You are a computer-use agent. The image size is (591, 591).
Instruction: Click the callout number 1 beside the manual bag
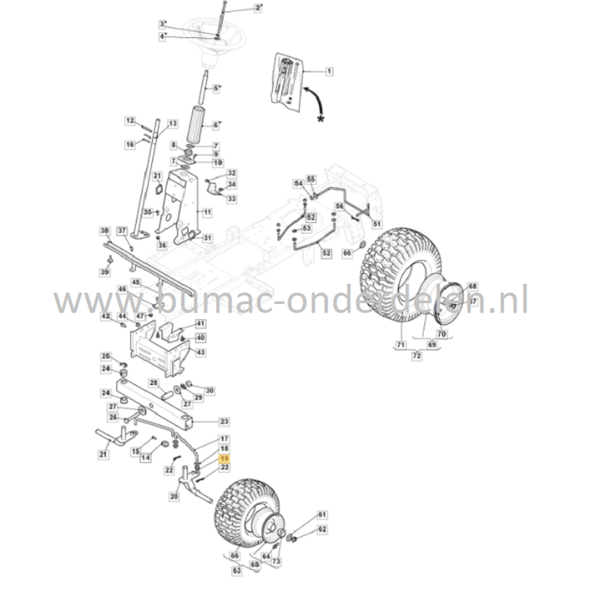coord(329,73)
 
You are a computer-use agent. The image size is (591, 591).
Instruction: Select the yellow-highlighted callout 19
coord(224,458)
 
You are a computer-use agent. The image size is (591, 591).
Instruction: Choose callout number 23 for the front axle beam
coord(224,420)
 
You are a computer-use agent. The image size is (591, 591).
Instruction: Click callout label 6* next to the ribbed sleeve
coord(215,125)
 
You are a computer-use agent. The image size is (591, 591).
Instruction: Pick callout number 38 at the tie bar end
coord(105,230)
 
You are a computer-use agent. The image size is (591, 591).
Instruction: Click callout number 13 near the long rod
coord(172,123)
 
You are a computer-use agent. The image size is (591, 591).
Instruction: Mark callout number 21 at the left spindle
coord(103,455)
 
